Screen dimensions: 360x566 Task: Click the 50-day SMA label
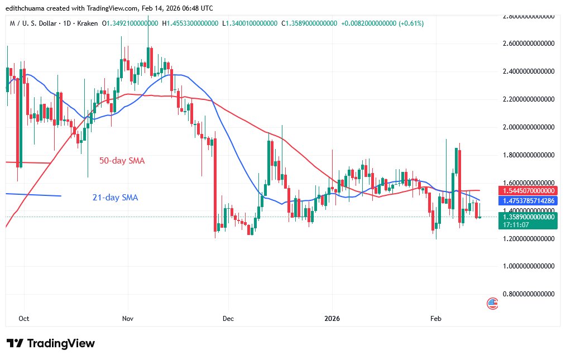coord(122,161)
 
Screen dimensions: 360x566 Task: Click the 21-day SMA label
coord(114,197)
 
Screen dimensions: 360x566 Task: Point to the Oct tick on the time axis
coord(24,318)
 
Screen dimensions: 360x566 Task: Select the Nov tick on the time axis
coord(127,318)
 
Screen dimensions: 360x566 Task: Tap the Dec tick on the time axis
coord(228,318)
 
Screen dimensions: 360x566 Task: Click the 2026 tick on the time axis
coord(332,318)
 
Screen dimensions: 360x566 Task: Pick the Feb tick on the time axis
coord(436,318)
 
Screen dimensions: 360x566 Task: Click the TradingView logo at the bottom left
coord(51,343)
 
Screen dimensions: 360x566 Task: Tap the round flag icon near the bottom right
coord(492,304)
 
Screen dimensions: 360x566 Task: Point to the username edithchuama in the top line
coord(26,8)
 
